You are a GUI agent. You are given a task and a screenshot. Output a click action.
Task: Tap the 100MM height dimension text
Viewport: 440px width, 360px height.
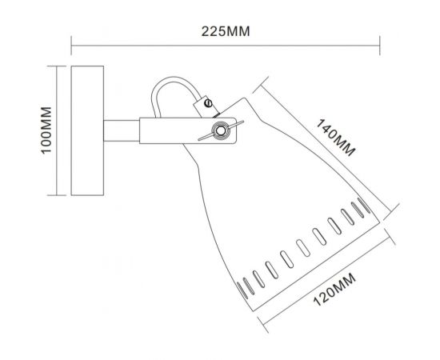coord(46,130)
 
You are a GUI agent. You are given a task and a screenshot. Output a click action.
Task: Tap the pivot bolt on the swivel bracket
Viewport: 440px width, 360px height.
coord(217,130)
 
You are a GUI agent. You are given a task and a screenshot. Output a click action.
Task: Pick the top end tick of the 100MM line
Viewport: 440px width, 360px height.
coord(57,67)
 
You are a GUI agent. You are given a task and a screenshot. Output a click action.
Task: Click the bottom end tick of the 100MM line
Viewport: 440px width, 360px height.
coord(57,194)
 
